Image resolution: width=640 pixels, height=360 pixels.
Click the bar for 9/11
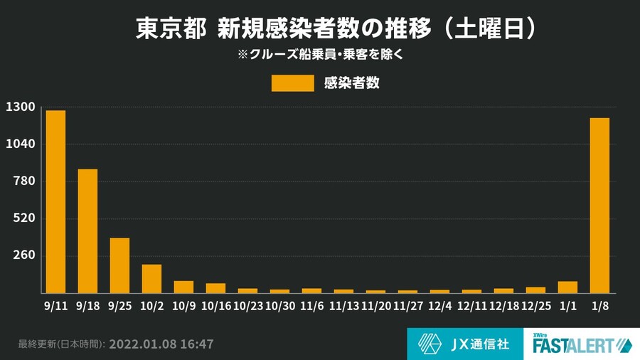coord(55,201)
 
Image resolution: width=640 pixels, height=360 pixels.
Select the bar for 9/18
coord(87,231)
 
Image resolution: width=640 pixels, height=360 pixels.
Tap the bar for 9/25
coord(119,265)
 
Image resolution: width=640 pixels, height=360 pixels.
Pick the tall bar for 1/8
coord(599,205)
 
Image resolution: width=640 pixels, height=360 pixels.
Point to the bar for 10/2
coord(151,278)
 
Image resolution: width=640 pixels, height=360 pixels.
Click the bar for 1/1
coord(567,287)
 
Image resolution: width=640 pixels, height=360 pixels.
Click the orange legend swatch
coord(292,83)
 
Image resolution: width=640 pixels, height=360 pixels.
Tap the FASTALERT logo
coord(582,344)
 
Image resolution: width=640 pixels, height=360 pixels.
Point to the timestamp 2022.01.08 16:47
coord(163,344)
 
